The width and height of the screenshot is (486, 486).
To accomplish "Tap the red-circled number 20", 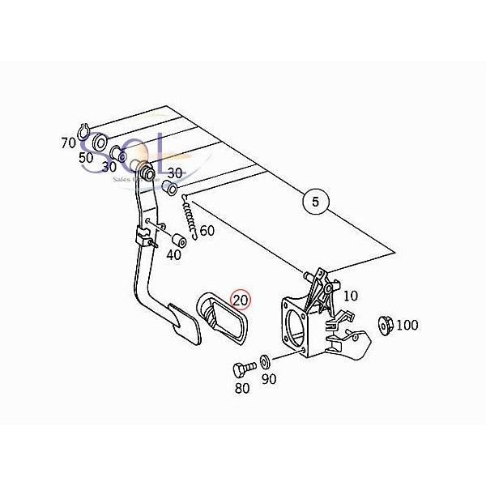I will [x=241, y=301].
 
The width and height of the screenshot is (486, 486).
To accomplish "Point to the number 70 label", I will [x=68, y=143].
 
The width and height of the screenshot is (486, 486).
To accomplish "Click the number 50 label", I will [x=87, y=157].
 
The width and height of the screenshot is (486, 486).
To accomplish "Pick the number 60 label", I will [x=207, y=231].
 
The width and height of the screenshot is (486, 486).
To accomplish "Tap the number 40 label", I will [x=173, y=255].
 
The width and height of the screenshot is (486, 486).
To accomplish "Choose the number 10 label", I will [x=350, y=296].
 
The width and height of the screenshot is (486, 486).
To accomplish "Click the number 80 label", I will [x=242, y=388].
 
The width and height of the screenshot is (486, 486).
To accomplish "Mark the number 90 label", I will [x=269, y=378].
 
